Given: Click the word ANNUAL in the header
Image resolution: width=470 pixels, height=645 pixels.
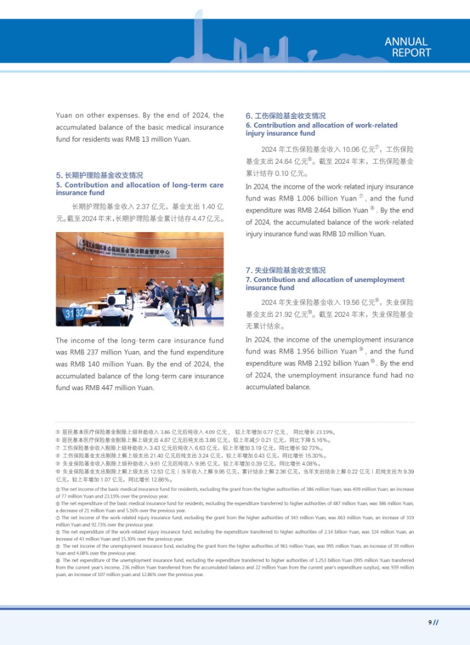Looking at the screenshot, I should (x=406, y=42).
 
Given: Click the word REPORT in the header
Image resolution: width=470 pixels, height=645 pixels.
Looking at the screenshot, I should (x=411, y=53).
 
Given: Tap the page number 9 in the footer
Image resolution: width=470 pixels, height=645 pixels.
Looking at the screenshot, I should (x=430, y=622).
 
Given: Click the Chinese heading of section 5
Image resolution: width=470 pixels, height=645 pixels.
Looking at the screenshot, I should (x=99, y=175).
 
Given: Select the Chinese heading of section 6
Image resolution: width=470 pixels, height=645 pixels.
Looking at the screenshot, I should (x=286, y=116).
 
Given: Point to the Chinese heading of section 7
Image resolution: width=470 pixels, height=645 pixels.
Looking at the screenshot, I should (x=286, y=271).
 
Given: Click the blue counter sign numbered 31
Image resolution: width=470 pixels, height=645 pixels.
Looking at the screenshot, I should (x=70, y=314).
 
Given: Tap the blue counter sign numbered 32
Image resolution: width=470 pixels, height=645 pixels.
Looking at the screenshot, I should (x=80, y=313).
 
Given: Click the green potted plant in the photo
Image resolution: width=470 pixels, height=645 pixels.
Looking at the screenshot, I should (x=215, y=281).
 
